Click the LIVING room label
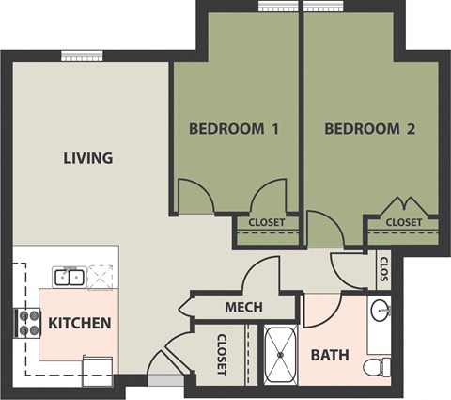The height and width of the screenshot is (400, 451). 87,158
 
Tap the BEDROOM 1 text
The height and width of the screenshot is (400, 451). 233,129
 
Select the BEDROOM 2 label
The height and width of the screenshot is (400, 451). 369,129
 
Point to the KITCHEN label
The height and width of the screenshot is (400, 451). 80,324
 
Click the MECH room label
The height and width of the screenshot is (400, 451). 243,308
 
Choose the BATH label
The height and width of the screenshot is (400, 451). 330,356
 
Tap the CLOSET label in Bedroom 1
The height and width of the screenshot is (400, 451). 267,223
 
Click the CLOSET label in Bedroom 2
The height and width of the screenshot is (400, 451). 403,222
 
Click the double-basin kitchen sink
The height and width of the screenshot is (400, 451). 67,277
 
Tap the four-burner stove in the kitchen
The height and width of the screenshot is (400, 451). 25,324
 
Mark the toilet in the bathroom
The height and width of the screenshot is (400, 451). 378,364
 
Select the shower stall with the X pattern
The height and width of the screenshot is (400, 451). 279,355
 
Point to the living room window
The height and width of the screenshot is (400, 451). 75,55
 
